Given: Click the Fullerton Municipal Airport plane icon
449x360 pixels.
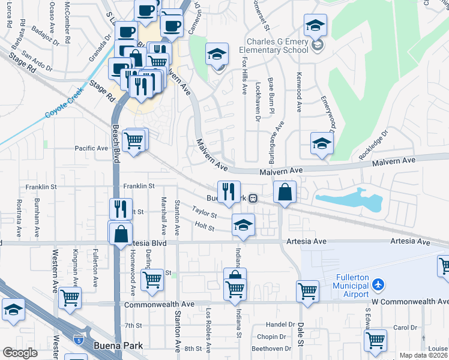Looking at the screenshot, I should [x=378, y=283].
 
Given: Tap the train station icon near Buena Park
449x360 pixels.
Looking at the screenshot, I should [x=254, y=198].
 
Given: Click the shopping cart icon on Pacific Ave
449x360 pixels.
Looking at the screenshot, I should [x=134, y=142].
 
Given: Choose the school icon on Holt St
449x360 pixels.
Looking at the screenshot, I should [x=243, y=225].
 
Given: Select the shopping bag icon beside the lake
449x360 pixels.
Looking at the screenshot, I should [x=285, y=193].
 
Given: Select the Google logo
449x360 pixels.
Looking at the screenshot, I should [x=20, y=352].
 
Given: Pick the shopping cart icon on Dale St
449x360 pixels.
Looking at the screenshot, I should [x=307, y=291].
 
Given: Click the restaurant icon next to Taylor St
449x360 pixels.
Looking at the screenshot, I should [x=228, y=191].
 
